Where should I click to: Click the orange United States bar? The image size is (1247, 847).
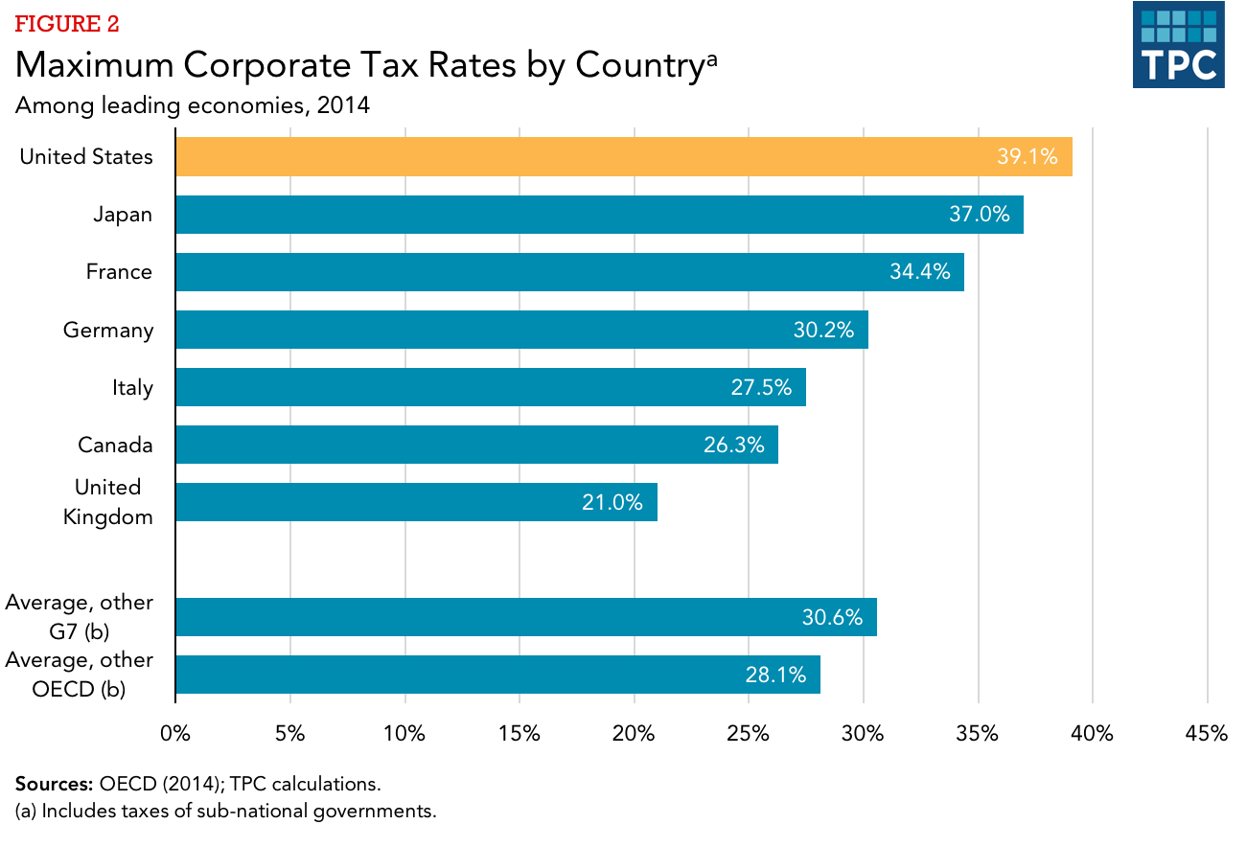pyautogui.click(x=623, y=157)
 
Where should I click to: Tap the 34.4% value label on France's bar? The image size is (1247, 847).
pyautogui.click(x=919, y=272)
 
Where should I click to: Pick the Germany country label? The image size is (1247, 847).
pyautogui.click(x=108, y=331)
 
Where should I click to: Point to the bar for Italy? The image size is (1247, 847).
pyautogui.click(x=490, y=387)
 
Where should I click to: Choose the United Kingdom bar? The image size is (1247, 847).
pyautogui.click(x=416, y=502)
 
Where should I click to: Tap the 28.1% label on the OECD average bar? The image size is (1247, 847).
pyautogui.click(x=775, y=675)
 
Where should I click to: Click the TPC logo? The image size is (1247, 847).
pyautogui.click(x=1178, y=45)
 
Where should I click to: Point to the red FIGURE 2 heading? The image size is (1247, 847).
pyautogui.click(x=67, y=24)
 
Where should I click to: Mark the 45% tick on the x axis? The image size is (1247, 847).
pyautogui.click(x=1206, y=734)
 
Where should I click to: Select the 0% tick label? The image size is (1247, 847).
pyautogui.click(x=175, y=734)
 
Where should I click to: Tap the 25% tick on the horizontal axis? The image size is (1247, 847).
pyautogui.click(x=749, y=734)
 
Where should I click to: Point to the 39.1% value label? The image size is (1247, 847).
pyautogui.click(x=1027, y=157)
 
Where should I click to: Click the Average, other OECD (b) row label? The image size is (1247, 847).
pyautogui.click(x=79, y=675)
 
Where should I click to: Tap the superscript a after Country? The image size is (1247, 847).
pyautogui.click(x=711, y=58)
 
